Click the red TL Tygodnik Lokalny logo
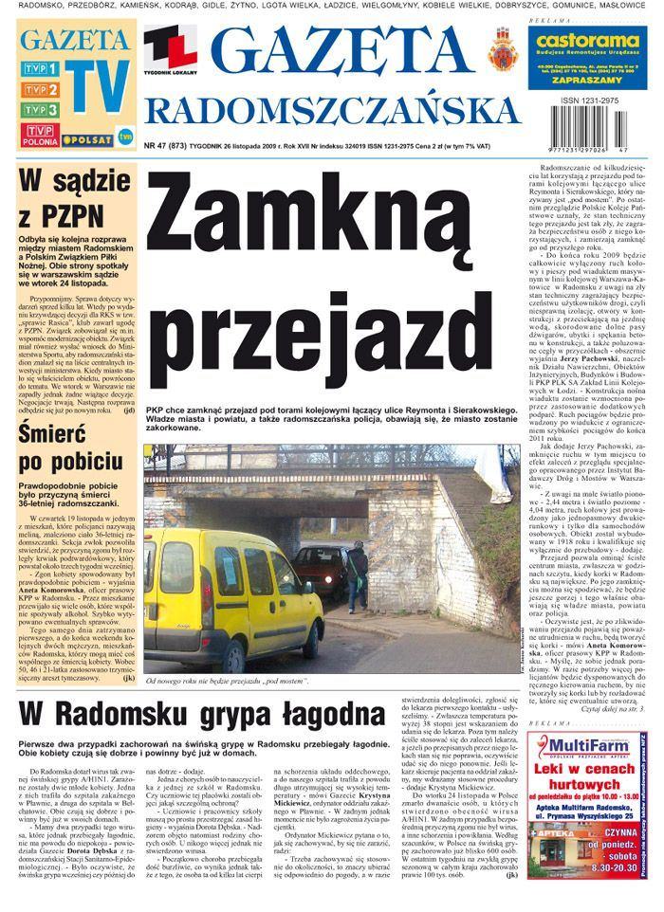click(x=171, y=52)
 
